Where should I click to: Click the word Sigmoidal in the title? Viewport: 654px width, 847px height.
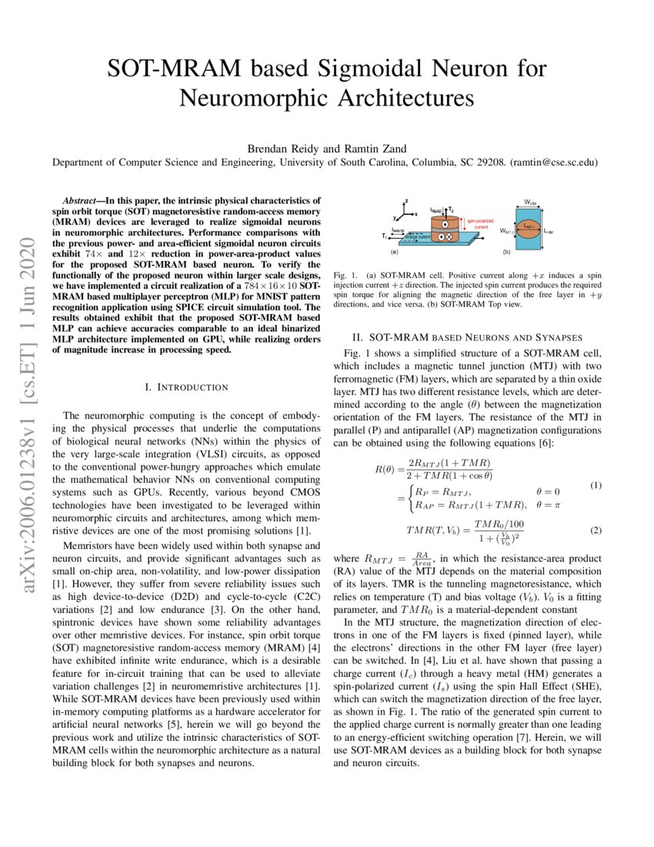[374, 69]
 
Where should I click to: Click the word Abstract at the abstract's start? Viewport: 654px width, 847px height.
[85, 199]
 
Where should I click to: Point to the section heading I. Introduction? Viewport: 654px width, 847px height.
[186, 387]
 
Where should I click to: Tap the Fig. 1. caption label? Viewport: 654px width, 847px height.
[346, 275]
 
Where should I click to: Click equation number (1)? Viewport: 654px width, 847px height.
[595, 485]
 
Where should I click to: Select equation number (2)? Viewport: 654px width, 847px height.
[595, 531]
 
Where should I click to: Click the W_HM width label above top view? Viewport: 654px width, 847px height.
[530, 203]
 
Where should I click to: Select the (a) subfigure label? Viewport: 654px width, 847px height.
[395, 252]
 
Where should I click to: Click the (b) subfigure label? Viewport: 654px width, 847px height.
[506, 252]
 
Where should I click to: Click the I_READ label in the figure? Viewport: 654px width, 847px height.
[436, 209]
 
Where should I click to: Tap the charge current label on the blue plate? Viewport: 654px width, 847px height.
[416, 237]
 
